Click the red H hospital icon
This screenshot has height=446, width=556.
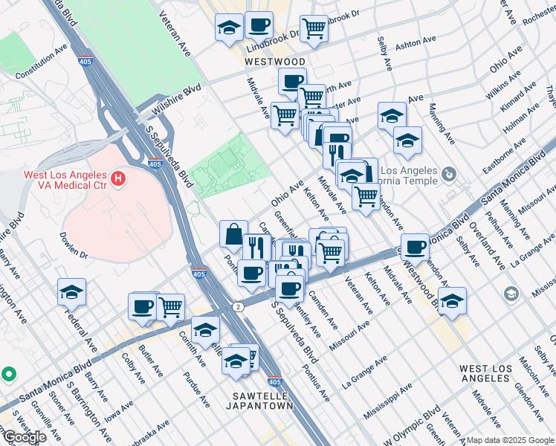coord(117,178)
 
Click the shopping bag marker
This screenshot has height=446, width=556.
coord(233,234)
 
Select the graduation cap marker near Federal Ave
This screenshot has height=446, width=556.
coord(71,291)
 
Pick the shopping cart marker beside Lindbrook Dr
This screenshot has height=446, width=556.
coord(314,29)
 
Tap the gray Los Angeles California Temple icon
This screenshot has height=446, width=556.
coord(448,174)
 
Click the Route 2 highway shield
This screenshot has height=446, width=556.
coord(237,306)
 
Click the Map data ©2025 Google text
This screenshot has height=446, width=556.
coord(510,440)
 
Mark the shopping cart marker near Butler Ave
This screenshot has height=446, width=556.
coord(171,306)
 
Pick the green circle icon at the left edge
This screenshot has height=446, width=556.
coord(7,373)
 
